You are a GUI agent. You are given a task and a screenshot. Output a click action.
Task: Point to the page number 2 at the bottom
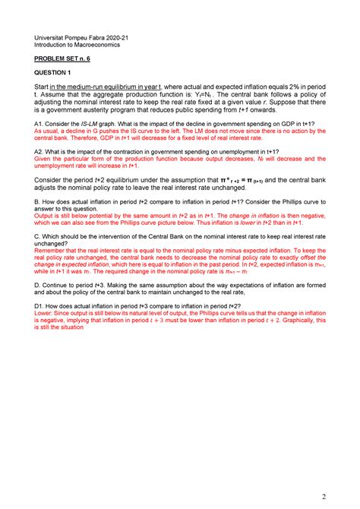point(324,497)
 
